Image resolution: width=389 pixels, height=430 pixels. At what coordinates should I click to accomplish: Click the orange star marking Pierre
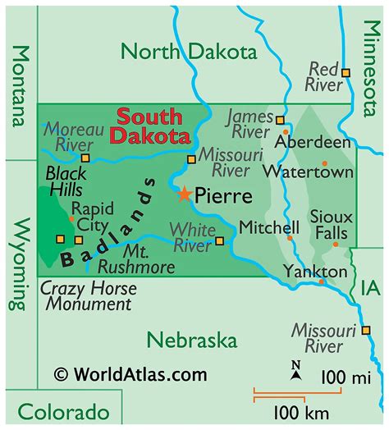pos(185,195)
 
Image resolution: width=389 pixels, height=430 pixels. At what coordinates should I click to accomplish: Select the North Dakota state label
pos(188,52)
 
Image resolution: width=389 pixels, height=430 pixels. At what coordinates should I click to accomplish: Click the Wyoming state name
pos(19,264)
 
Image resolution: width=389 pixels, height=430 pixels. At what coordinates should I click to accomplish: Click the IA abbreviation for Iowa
pos(369,287)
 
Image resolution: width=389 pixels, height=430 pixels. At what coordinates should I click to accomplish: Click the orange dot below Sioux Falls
pos(335,244)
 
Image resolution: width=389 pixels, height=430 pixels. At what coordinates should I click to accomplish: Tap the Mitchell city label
pos(269,226)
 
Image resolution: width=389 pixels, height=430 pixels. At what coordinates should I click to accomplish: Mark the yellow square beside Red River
pos(346,74)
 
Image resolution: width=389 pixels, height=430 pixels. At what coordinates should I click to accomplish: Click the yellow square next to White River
pos(219,240)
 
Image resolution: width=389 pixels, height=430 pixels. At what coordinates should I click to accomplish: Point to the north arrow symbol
pos(296,372)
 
